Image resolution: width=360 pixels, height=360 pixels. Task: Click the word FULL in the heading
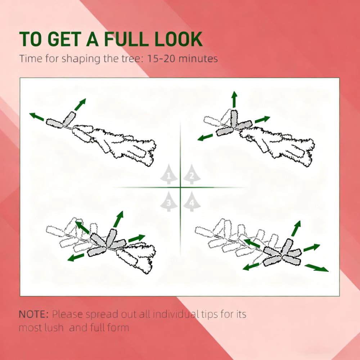pyautogui.click(x=125, y=39)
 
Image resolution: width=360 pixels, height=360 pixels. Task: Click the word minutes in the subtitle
pyautogui.click(x=198, y=59)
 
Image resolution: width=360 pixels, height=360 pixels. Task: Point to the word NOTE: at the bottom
pyautogui.click(x=33, y=314)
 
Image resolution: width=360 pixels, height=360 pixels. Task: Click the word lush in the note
pyautogui.click(x=54, y=327)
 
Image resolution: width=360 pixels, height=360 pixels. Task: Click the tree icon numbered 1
pyautogui.click(x=169, y=174)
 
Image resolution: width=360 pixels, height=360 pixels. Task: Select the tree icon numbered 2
pyautogui.click(x=192, y=174)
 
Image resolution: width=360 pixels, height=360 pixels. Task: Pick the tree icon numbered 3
pyautogui.click(x=169, y=201)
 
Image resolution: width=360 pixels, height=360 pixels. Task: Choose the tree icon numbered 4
pyautogui.click(x=192, y=201)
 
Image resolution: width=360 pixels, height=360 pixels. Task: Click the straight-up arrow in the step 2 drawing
pyautogui.click(x=234, y=99)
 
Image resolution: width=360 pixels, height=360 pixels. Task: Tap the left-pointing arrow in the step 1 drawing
pyautogui.click(x=37, y=116)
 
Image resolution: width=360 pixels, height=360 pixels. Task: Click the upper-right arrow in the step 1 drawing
pyautogui.click(x=80, y=104)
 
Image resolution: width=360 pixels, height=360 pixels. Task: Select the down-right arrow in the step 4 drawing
pyautogui.click(x=316, y=268)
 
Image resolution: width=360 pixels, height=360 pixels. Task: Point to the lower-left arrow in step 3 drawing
pyautogui.click(x=76, y=257)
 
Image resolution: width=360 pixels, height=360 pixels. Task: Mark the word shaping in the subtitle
pyautogui.click(x=81, y=59)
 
